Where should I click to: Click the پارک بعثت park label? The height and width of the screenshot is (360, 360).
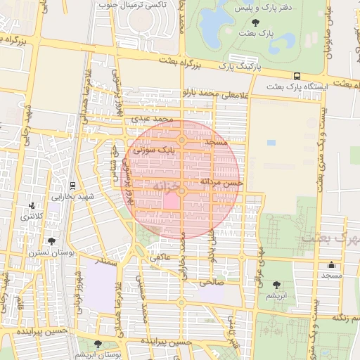click(256, 34)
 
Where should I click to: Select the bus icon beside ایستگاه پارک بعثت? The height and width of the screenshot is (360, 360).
click(297, 76)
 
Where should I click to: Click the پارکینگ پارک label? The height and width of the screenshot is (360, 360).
click(239, 66)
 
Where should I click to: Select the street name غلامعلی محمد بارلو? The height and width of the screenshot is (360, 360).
click(215, 93)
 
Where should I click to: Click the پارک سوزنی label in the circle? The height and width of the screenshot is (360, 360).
click(154, 149)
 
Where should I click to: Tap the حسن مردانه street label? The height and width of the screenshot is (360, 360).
click(221, 181)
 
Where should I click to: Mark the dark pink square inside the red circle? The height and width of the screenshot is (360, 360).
click(171, 201)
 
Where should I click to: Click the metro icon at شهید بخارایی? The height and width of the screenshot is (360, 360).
click(74, 185)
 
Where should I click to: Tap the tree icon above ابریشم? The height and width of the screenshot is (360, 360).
click(276, 285)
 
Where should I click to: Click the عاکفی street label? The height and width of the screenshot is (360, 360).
click(159, 259)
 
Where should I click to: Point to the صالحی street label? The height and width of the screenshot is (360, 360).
click(211, 283)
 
